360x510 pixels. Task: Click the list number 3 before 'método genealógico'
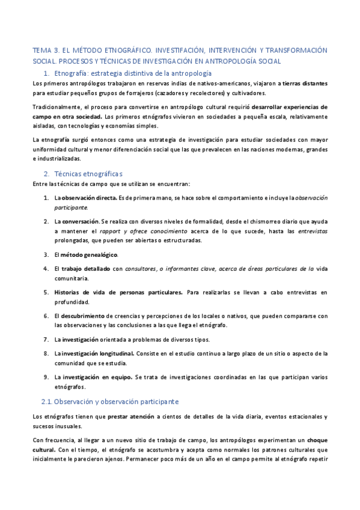click(x=46, y=254)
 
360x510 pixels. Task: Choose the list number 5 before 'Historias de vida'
click(x=46, y=292)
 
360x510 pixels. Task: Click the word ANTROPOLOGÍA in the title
click(x=246, y=61)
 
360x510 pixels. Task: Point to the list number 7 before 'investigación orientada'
click(x=46, y=339)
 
